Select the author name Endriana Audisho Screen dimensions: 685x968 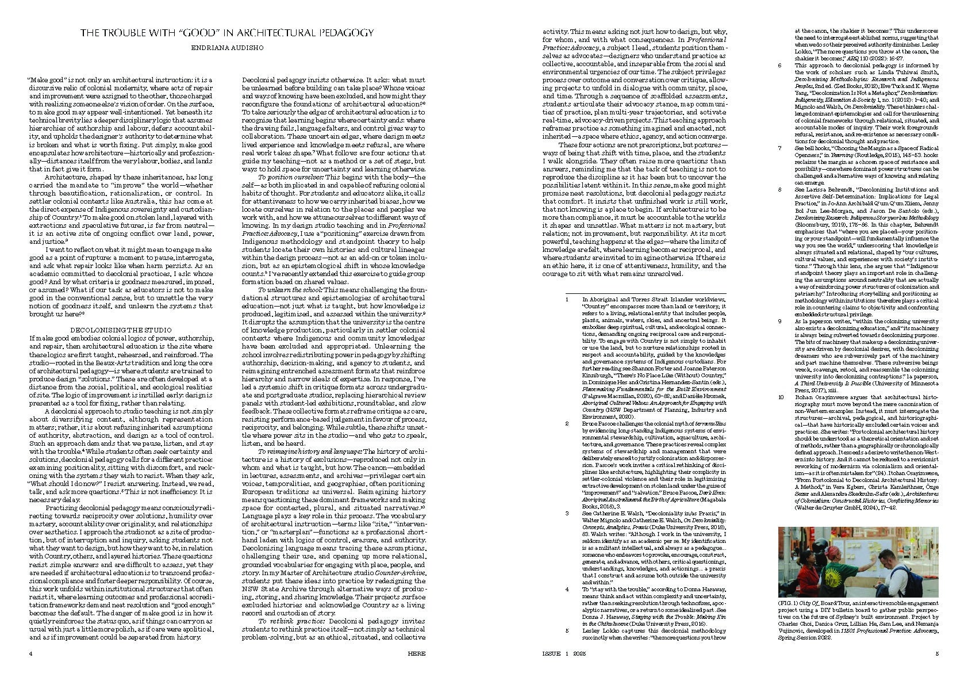[227, 48]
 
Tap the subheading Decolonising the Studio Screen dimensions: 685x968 [121, 330]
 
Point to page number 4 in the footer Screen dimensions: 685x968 [30, 653]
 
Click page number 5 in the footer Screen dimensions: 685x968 [937, 653]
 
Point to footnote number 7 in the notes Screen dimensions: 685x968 [780, 148]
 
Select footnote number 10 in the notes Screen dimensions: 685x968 [781, 397]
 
